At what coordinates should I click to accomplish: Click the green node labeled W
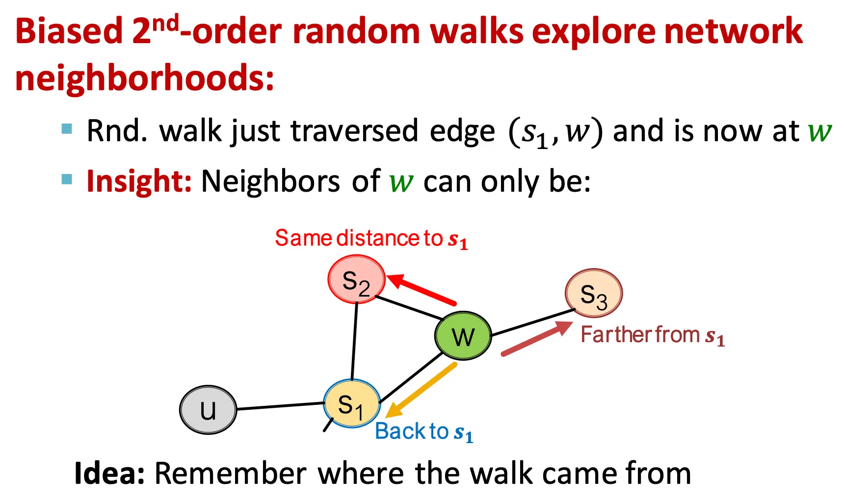(x=463, y=336)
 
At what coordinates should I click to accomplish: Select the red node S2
(x=356, y=279)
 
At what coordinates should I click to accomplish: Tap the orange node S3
(x=594, y=293)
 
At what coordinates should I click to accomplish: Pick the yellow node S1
(x=352, y=403)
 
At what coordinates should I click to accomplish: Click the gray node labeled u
(x=208, y=410)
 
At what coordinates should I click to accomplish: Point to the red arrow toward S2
(x=422, y=290)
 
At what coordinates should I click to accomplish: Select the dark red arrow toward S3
(x=537, y=338)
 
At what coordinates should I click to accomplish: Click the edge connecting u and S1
(x=280, y=406)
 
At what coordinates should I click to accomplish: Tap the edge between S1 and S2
(x=354, y=341)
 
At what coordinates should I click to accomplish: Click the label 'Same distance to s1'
(x=371, y=239)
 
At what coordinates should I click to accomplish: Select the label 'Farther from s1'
(x=653, y=335)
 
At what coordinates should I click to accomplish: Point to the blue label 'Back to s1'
(x=424, y=432)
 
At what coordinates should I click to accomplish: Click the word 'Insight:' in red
(x=139, y=181)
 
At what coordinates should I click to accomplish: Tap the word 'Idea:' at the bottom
(x=109, y=474)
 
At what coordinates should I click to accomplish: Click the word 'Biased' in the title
(x=69, y=31)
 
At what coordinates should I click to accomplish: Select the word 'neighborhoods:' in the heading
(x=145, y=78)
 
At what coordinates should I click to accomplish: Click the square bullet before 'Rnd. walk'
(x=67, y=129)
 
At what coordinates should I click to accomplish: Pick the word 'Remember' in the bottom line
(x=231, y=474)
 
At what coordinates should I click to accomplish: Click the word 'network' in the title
(x=734, y=31)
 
